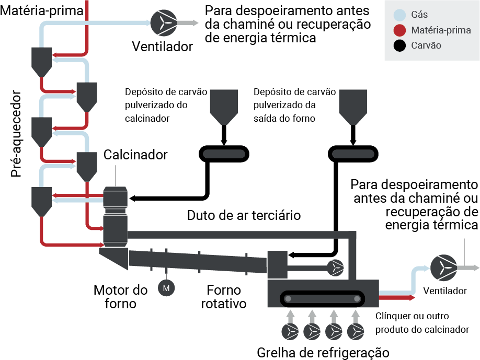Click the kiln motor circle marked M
166,288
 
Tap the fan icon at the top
164,23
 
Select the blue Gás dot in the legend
399,15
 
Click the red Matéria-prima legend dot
399,30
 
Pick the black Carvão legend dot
399,45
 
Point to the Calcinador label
135,155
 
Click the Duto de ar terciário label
244,215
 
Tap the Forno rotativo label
224,297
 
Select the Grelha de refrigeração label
323,353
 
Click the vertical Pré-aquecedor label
16,134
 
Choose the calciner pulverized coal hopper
224,107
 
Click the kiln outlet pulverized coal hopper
353,107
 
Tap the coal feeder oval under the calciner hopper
224,154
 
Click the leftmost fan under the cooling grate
290,332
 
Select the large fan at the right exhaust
443,268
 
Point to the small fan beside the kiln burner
336,268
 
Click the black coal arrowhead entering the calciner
132,199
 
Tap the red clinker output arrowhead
412,298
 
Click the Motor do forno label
120,297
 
